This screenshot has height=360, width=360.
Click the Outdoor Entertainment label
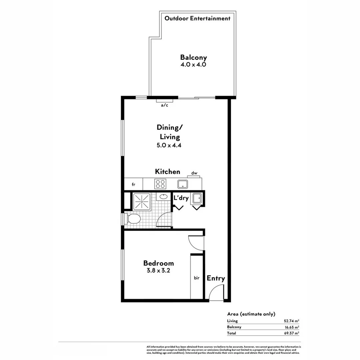click(x=197, y=18)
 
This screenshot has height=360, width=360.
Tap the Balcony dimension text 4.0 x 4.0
click(x=193, y=65)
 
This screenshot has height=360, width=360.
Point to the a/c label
click(x=164, y=105)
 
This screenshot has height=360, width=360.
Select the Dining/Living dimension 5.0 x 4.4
click(x=169, y=145)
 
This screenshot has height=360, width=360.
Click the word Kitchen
click(x=167, y=172)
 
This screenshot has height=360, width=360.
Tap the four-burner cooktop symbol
click(x=160, y=184)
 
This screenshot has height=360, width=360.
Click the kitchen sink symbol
click(x=183, y=184)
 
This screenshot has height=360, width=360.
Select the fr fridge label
click(x=133, y=184)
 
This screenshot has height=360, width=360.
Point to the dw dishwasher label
click(x=194, y=173)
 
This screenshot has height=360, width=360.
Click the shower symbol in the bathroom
click(x=142, y=201)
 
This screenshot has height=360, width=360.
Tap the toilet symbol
click(x=134, y=219)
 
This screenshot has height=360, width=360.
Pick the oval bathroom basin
click(x=163, y=196)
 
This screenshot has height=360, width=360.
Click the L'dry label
click(x=181, y=198)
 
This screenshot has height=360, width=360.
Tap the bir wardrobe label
click(x=197, y=278)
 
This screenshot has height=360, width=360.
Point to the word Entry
click(x=216, y=278)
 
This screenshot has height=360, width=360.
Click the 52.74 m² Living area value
click(x=291, y=321)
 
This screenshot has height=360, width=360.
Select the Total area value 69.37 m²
click(x=291, y=333)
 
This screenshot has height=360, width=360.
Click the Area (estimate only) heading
click(x=251, y=314)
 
